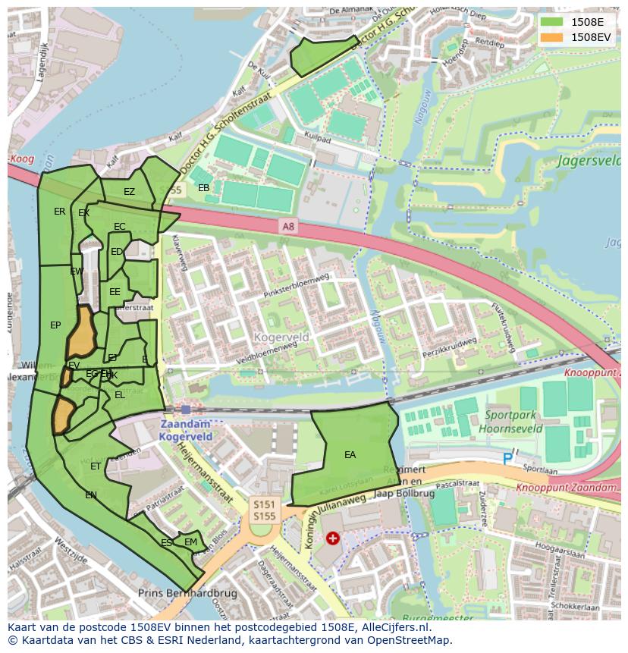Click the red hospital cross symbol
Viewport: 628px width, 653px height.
(x=332, y=538)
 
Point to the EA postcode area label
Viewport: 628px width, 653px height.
(x=350, y=455)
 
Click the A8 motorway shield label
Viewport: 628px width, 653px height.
(x=288, y=225)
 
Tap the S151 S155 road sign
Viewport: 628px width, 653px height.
(x=264, y=510)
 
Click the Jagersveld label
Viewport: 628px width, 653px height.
(x=589, y=161)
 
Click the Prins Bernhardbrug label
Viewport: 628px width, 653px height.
(x=187, y=593)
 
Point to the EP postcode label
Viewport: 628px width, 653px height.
(x=55, y=325)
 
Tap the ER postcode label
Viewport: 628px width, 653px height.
(x=59, y=212)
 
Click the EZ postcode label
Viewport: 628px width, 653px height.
(x=129, y=192)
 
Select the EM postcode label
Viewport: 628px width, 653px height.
(x=190, y=542)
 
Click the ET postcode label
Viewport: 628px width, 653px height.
(x=96, y=466)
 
